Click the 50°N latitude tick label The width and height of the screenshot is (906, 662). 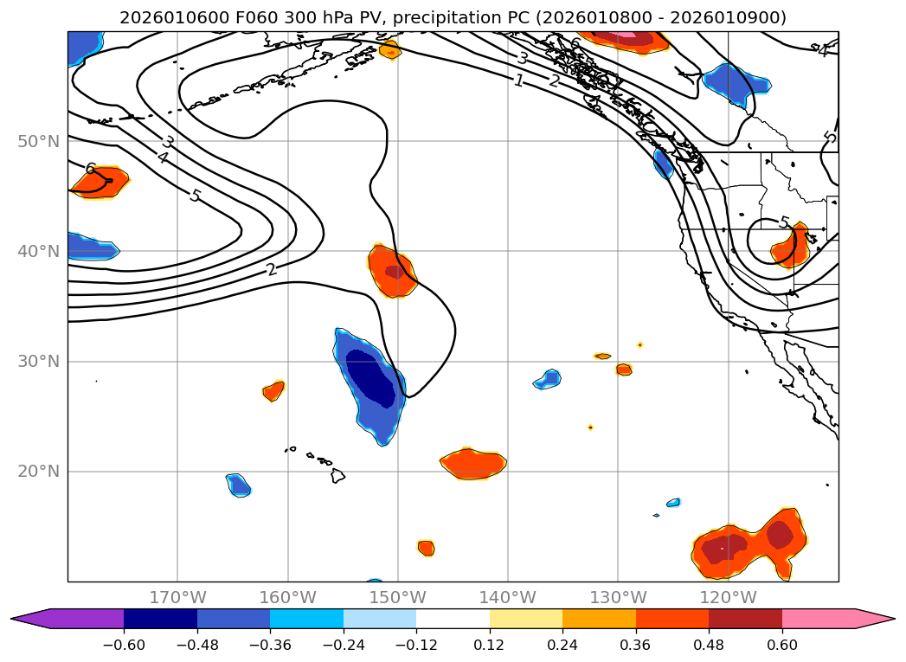tap(38, 141)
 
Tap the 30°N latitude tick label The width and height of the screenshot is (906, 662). tap(38, 362)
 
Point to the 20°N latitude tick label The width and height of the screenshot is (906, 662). tap(38, 472)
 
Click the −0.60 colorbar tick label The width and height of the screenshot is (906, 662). tap(124, 644)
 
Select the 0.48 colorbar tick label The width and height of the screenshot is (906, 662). tap(709, 644)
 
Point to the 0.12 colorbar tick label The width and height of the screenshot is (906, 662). tap(490, 644)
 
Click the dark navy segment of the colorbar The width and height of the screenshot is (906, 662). tap(160, 619)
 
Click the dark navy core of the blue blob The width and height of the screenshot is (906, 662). tap(373, 376)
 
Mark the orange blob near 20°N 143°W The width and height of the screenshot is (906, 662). tap(473, 464)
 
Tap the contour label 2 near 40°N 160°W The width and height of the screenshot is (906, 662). tap(272, 269)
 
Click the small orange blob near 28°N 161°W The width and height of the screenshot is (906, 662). tap(273, 391)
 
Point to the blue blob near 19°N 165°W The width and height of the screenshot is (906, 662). tap(239, 485)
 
